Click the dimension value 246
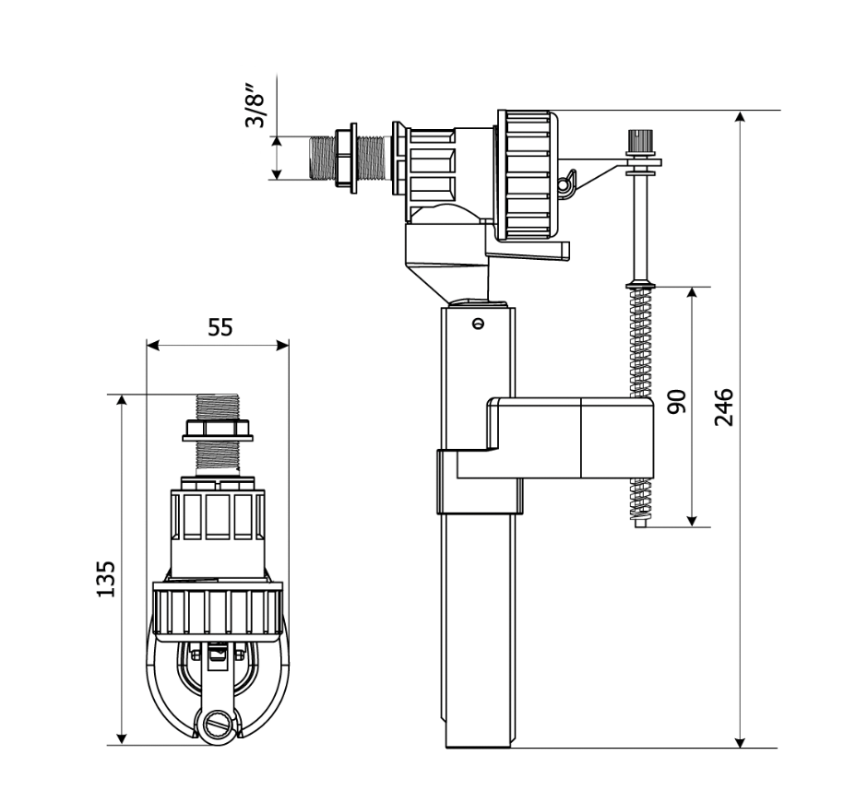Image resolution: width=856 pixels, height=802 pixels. coord(724,407)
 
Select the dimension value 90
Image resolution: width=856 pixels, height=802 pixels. coord(676,403)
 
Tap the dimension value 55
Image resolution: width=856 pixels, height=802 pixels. coord(220,327)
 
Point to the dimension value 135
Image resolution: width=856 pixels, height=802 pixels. coord(107,578)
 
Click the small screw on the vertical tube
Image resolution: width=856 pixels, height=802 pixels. coord(477,323)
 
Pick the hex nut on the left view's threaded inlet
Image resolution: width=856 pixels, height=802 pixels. coord(219,429)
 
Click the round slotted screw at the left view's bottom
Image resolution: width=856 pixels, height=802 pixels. coord(219,724)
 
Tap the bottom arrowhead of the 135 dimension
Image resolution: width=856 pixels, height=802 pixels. coord(120,737)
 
